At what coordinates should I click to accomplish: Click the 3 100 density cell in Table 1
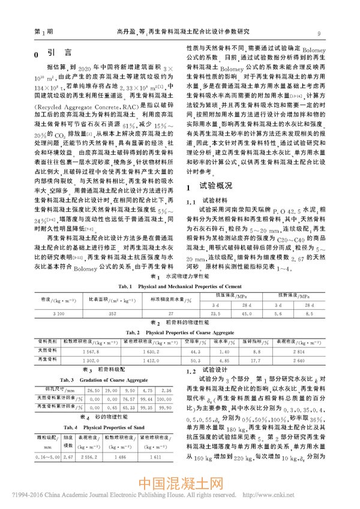(58, 314)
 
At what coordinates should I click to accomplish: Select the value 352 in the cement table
(112, 314)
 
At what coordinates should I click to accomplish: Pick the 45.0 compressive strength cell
(247, 314)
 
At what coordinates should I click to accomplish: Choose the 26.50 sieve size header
(93, 390)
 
